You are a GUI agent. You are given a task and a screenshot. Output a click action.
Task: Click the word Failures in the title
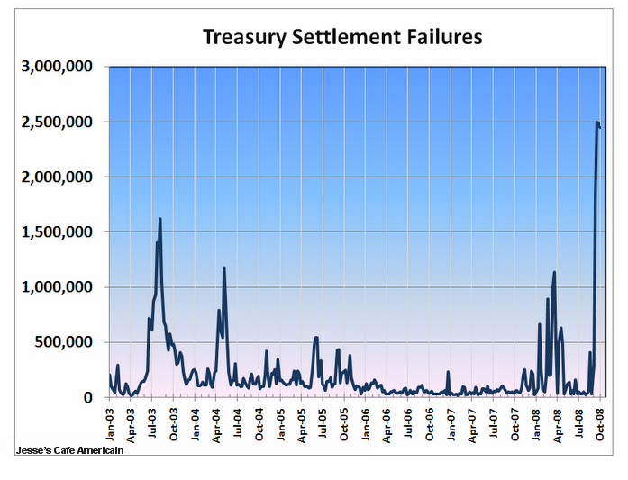(442, 37)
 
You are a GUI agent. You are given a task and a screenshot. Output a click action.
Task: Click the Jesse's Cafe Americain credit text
(70, 450)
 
